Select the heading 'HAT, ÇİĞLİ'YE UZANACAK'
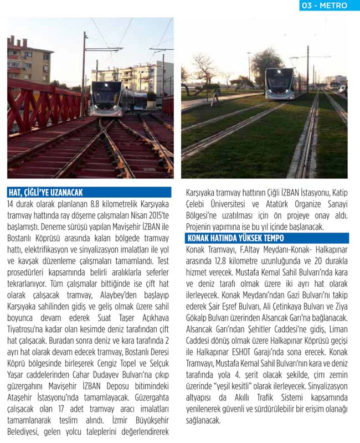coord(45,193)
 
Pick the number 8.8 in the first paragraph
coord(97,204)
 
